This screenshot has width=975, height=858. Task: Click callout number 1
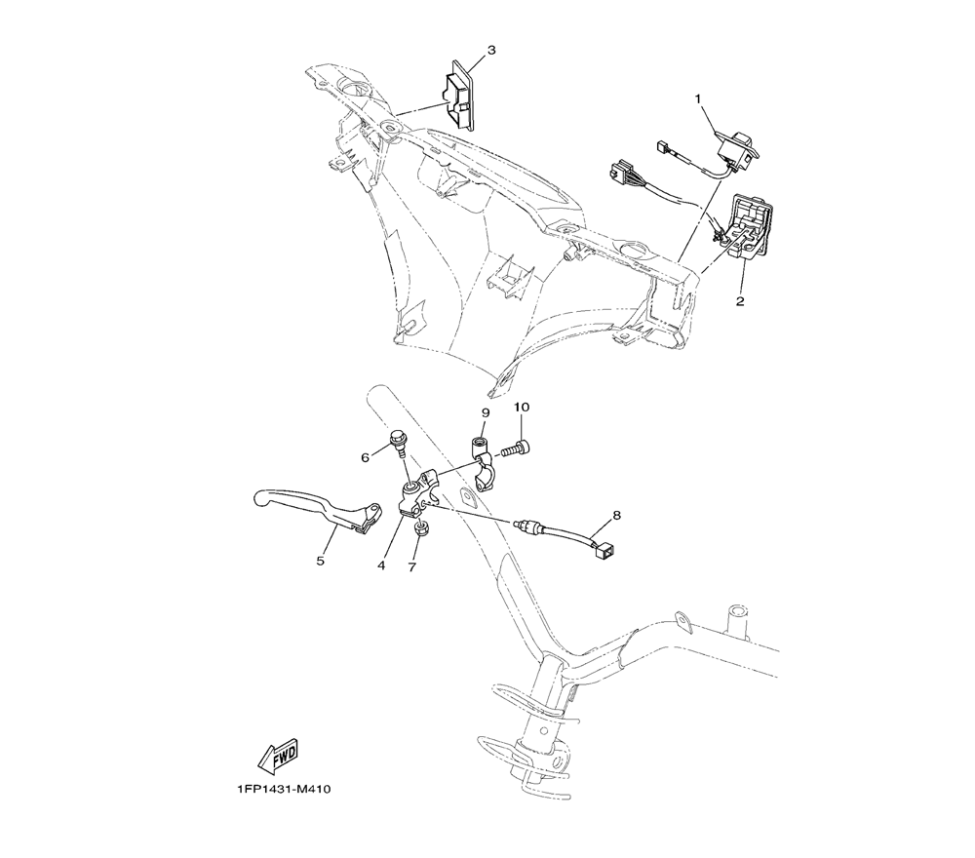[698, 98]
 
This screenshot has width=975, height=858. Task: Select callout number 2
[740, 301]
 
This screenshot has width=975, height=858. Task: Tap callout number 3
[491, 50]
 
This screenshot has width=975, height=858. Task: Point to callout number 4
[382, 565]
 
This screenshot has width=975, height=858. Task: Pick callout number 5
[319, 561]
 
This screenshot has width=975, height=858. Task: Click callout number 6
[366, 456]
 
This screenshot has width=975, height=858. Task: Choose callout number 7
[412, 566]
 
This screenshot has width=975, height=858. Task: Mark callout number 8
[616, 514]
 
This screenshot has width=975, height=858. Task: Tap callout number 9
[485, 412]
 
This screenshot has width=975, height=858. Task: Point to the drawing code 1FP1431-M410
[284, 790]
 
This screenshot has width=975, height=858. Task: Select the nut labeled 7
[421, 530]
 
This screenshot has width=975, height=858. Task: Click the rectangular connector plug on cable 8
[602, 550]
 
